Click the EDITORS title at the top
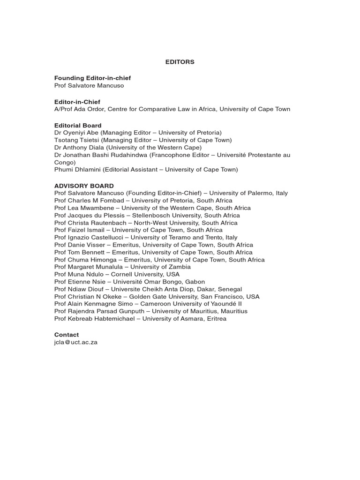click(x=180, y=62)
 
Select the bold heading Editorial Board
click(x=78, y=126)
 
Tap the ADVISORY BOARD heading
click(x=84, y=186)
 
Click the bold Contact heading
click(x=67, y=335)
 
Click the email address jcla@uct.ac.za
click(x=76, y=342)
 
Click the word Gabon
click(x=195, y=282)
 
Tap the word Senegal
click(x=230, y=289)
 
